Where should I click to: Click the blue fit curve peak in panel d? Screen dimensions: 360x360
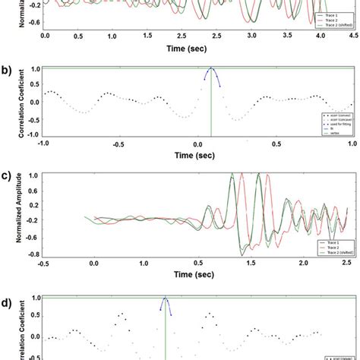[165, 298]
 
